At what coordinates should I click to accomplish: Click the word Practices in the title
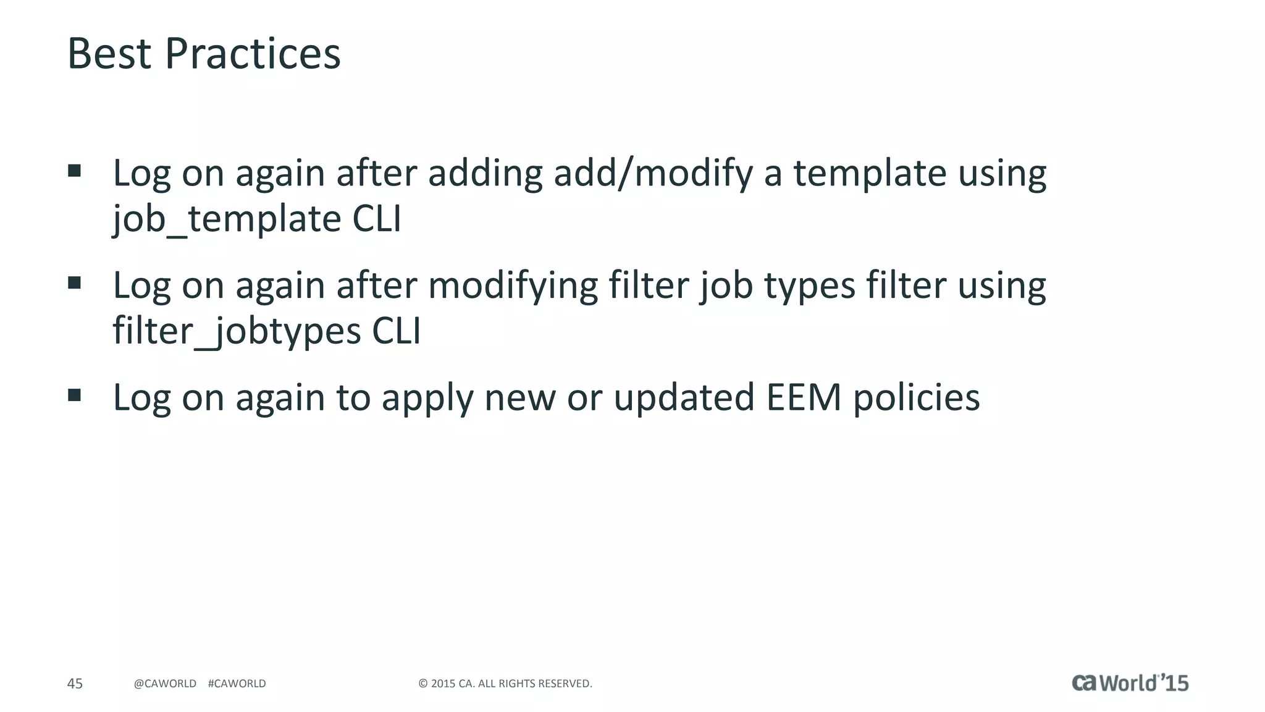tap(253, 54)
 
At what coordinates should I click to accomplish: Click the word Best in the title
tap(109, 54)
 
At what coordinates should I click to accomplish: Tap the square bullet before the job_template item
tap(75, 171)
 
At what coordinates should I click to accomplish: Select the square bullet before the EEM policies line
tap(75, 395)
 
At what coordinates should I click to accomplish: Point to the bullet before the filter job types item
tap(75, 283)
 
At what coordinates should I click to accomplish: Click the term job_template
tap(226, 219)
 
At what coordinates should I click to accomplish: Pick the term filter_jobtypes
tap(236, 331)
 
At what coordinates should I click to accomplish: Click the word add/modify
tap(653, 173)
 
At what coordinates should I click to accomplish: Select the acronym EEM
tap(804, 397)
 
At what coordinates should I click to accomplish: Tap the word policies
tap(917, 398)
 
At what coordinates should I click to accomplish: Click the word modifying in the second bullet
tap(513, 286)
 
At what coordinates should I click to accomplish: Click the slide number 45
tap(75, 684)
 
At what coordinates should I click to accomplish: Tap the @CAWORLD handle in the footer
tap(165, 684)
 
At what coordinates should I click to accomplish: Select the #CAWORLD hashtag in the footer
tap(237, 684)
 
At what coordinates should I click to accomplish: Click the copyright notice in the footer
tap(505, 684)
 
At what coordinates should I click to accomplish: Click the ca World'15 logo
tap(1130, 683)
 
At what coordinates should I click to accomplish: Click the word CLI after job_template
tap(377, 219)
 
